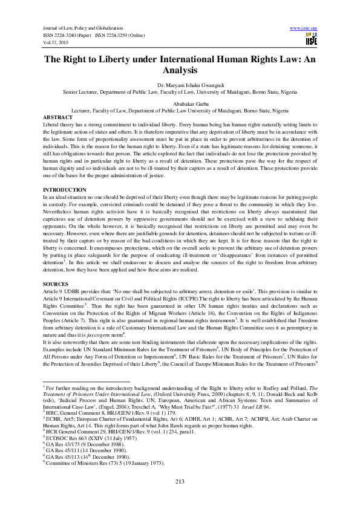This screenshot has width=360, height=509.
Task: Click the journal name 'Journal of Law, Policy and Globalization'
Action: (x=83, y=28)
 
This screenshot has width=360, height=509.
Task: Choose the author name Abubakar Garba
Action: (x=180, y=105)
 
